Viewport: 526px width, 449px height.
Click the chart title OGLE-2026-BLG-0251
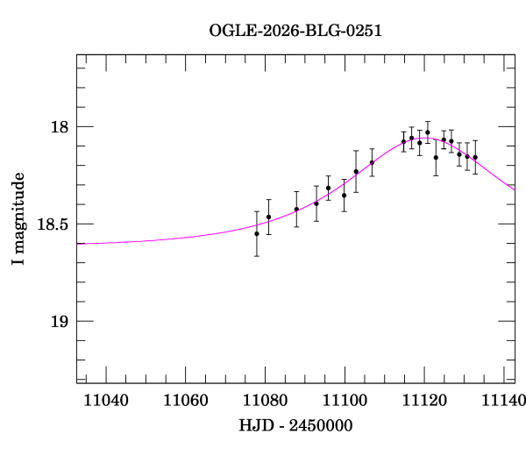tap(295, 31)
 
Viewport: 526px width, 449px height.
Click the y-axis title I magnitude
tap(18, 219)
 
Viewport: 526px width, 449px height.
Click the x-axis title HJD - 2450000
tap(296, 425)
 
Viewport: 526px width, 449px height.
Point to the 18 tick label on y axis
tap(60, 127)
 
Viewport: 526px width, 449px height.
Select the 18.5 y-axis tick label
tap(53, 224)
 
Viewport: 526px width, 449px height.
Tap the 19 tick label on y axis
tap(60, 322)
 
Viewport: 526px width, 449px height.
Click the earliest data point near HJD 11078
tap(257, 233)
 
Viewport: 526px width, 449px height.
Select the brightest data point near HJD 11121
tap(428, 132)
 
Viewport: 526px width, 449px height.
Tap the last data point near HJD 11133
tap(475, 157)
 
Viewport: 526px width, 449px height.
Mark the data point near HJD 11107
tap(372, 162)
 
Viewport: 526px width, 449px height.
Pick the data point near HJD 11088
tap(296, 209)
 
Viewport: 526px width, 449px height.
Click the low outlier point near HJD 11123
tap(436, 158)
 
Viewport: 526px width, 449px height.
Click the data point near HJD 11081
tap(269, 217)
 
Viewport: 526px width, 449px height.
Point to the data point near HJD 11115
tap(404, 141)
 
